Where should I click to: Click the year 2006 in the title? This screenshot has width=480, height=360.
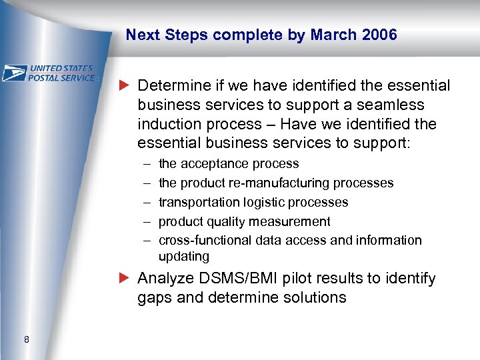coord(379,35)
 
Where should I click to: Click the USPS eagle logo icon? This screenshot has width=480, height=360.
coord(15,73)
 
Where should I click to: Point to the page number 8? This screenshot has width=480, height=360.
coord(26,341)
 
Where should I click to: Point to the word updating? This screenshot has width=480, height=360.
coord(183,257)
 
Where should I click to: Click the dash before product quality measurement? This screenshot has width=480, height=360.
coord(145,221)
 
